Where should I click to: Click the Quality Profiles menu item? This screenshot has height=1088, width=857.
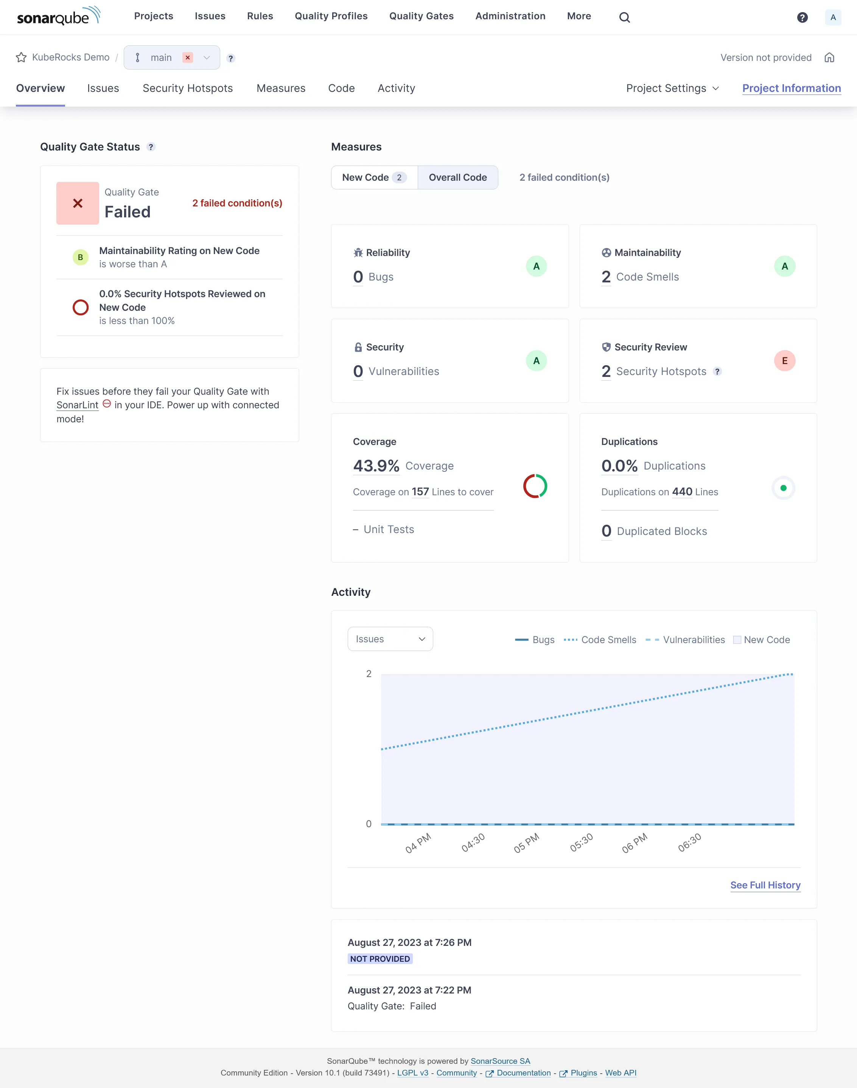(x=331, y=16)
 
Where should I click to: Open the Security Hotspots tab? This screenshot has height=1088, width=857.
(x=188, y=88)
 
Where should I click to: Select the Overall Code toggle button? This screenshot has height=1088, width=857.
(x=457, y=177)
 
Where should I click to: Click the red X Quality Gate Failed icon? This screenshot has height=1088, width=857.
(x=78, y=203)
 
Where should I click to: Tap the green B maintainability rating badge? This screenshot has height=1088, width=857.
(x=80, y=257)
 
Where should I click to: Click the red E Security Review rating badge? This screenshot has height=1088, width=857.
(x=784, y=361)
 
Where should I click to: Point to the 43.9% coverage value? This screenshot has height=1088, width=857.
(x=376, y=466)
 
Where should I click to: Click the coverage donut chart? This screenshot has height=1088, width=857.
(x=535, y=486)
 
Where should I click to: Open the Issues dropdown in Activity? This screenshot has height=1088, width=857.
(x=390, y=639)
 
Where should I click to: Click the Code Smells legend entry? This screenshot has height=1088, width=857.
(x=600, y=640)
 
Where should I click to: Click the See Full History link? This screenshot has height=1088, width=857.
(x=765, y=885)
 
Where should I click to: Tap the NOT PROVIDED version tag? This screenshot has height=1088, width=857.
(x=380, y=959)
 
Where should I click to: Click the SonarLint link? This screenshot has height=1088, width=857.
(x=77, y=405)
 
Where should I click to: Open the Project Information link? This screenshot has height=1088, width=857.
(x=791, y=88)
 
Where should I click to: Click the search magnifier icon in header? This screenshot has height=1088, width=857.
(x=624, y=17)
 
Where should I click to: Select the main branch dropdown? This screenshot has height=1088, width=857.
(x=172, y=58)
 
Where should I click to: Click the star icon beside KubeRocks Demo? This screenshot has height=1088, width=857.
(x=21, y=58)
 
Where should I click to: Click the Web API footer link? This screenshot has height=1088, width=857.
(x=620, y=1073)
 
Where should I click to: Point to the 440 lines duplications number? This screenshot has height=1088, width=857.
(x=682, y=492)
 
